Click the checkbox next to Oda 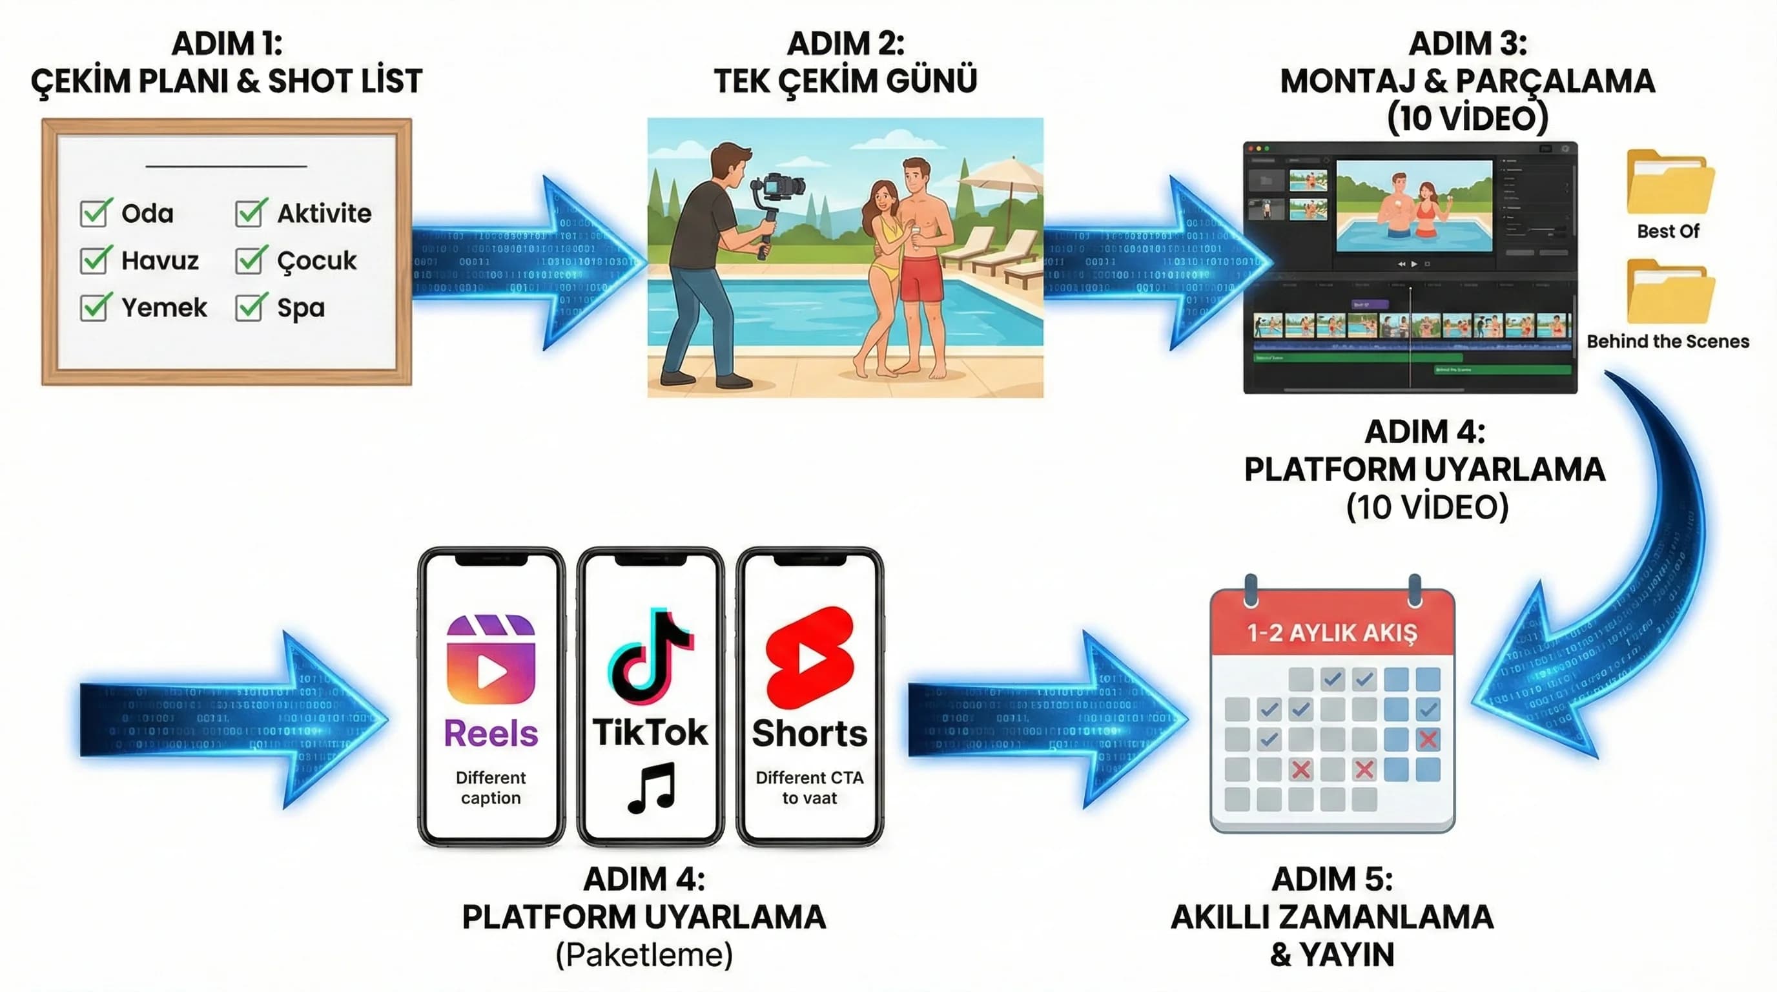pos(94,213)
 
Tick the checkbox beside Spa pos(249,307)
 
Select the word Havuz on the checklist pos(159,261)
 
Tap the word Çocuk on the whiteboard pos(316,261)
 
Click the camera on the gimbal pos(779,186)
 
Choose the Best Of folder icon pos(1669,182)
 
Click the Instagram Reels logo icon pos(491,659)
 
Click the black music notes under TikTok pos(651,787)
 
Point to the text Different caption pos(491,788)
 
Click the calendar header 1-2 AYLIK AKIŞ pos(1331,632)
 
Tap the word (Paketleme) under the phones pos(644,955)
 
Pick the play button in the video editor pos(1414,264)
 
